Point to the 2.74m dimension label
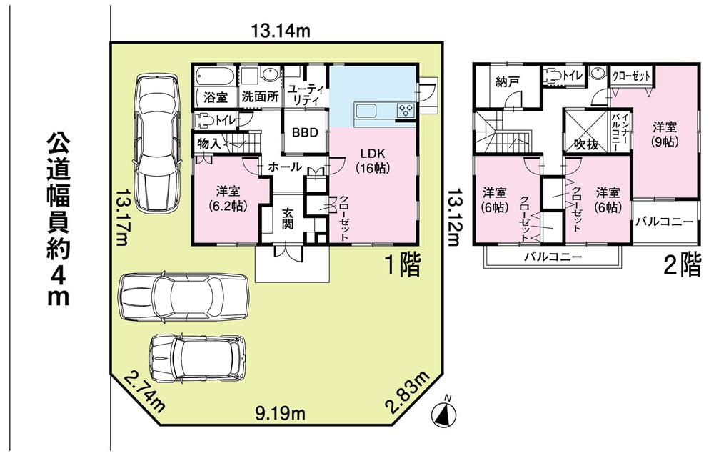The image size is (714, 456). tap(142, 392)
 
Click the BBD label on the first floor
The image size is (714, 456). tap(306, 134)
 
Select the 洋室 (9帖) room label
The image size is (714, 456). tap(665, 134)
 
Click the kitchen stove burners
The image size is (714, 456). tap(406, 111)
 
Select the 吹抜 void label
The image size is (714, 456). tap(586, 144)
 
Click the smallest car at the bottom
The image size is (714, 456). tap(198, 358)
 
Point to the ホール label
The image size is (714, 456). tap(284, 167)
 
